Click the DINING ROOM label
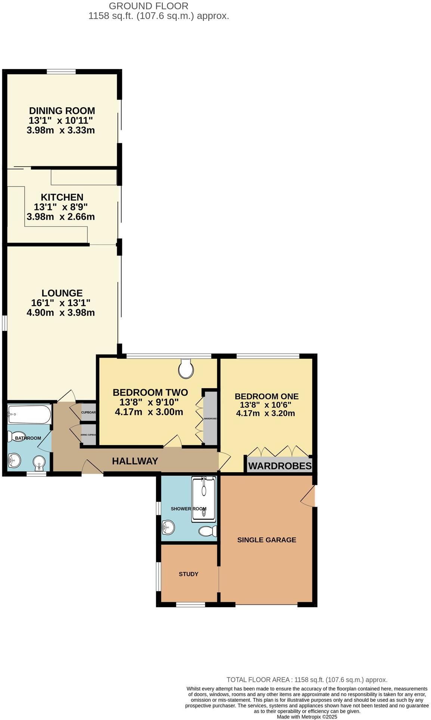pyautogui.click(x=62, y=111)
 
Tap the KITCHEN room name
pyautogui.click(x=62, y=197)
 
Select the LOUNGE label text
pyautogui.click(x=62, y=293)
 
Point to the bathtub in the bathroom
pyautogui.click(x=29, y=414)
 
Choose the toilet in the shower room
pyautogui.click(x=208, y=531)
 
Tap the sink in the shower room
pyautogui.click(x=168, y=528)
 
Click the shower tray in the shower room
pyautogui.click(x=204, y=499)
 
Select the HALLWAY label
pyautogui.click(x=135, y=461)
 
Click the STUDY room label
pyautogui.click(x=189, y=574)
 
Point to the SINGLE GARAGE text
pyautogui.click(x=267, y=540)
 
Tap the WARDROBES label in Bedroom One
pyautogui.click(x=280, y=466)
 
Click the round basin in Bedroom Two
pyautogui.click(x=186, y=369)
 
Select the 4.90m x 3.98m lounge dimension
pyautogui.click(x=61, y=313)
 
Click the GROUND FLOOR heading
pyautogui.click(x=149, y=6)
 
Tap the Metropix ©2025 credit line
pyautogui.click(x=307, y=717)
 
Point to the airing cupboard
pyautogui.click(x=89, y=435)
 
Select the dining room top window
pyautogui.click(x=61, y=71)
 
